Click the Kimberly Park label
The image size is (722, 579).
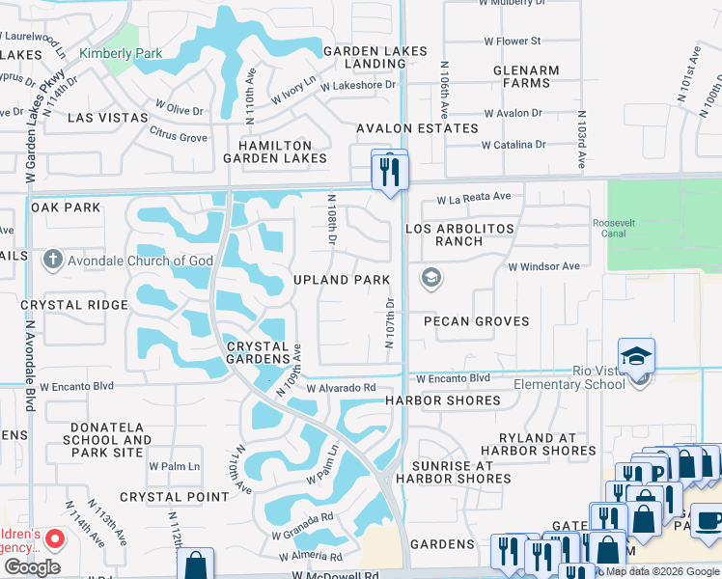121,53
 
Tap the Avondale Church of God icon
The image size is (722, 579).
53,260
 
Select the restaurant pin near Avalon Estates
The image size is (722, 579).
390,172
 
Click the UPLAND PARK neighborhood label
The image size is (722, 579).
342,280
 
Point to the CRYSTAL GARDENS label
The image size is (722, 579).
258,353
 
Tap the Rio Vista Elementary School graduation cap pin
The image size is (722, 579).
637,358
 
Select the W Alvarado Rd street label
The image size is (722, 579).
341,388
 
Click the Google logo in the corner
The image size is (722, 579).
31,567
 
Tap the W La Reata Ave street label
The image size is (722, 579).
473,199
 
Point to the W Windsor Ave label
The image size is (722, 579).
543,266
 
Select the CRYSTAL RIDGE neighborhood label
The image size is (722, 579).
74,305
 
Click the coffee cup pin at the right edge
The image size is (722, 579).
708,520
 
